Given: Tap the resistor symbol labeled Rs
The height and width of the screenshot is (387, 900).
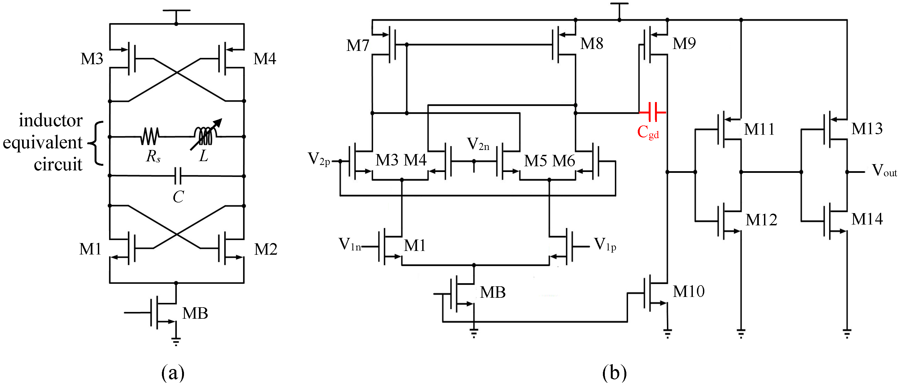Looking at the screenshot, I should click(x=150, y=136).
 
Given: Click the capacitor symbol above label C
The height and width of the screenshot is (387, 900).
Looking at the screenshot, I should click(x=178, y=176).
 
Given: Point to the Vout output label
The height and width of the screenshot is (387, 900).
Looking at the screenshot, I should click(x=884, y=171).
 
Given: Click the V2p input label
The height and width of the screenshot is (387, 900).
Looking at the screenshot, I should click(x=319, y=159).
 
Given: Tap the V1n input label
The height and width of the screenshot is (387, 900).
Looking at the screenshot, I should click(x=349, y=244).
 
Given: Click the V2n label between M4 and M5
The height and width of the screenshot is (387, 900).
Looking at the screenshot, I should click(x=478, y=144).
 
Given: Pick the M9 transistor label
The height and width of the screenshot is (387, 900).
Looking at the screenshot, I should click(x=684, y=44).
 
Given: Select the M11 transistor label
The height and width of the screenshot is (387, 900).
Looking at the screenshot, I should click(x=759, y=129).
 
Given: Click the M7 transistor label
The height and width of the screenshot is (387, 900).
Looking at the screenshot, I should click(x=357, y=45).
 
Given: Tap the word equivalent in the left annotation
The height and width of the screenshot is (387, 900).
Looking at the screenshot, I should click(x=43, y=142).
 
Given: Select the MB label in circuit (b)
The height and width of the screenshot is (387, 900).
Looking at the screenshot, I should click(x=493, y=293).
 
